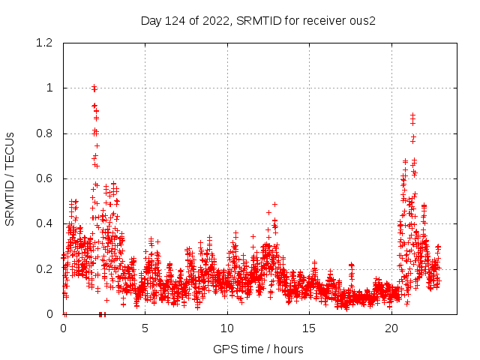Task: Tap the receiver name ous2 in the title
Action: pyautogui.click(x=361, y=20)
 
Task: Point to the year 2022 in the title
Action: pyautogui.click(x=216, y=20)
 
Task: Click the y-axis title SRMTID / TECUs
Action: pyautogui.click(x=10, y=178)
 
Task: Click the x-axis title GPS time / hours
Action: pyautogui.click(x=258, y=349)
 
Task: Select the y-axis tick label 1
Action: pyautogui.click(x=50, y=88)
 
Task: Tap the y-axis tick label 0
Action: pyautogui.click(x=50, y=314)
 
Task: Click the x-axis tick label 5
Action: pyautogui.click(x=145, y=328)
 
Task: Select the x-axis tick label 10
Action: pyautogui.click(x=227, y=328)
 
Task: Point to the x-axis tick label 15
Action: pyautogui.click(x=310, y=328)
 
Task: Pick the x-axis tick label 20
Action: pyautogui.click(x=391, y=328)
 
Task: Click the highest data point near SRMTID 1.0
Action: pyautogui.click(x=94, y=87)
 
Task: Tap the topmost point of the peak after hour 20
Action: pyautogui.click(x=412, y=115)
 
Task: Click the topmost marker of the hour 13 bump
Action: pyautogui.click(x=274, y=204)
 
